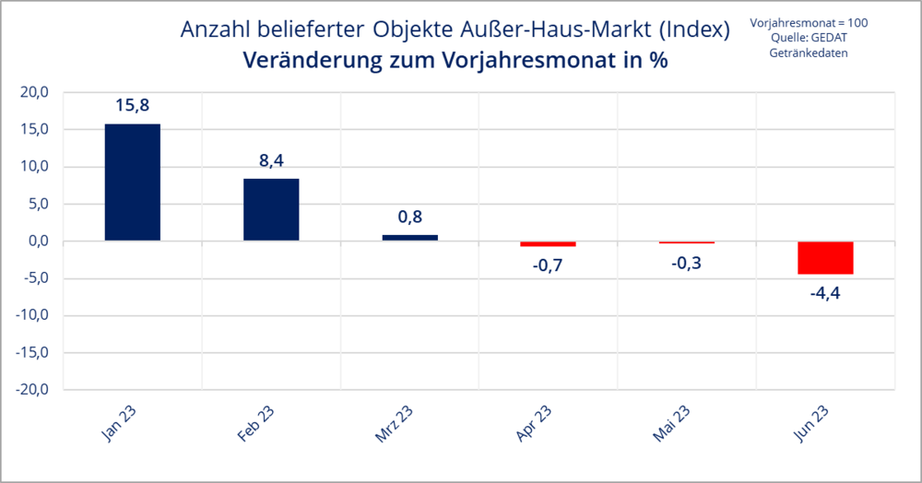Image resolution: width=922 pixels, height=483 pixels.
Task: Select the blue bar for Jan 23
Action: coord(132,183)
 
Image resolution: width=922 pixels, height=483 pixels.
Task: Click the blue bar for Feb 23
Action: coord(271,210)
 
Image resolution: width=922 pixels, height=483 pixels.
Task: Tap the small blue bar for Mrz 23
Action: coord(410,238)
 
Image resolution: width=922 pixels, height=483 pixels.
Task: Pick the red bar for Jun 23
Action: coord(825,258)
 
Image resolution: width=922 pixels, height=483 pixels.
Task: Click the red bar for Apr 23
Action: coord(548,244)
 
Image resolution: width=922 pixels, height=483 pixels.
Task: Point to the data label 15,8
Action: coord(132,106)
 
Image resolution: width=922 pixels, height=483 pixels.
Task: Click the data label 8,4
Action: coord(271,160)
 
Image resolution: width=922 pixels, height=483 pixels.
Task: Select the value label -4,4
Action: coord(825,292)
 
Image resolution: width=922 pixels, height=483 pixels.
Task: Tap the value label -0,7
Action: coord(548,265)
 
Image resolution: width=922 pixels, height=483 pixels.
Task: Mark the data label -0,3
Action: coord(687,263)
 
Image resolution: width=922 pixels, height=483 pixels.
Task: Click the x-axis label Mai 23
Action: coord(671,424)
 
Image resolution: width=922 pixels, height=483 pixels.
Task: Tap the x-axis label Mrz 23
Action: coord(394,424)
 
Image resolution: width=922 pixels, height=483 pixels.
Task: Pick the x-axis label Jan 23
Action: coord(119,423)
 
